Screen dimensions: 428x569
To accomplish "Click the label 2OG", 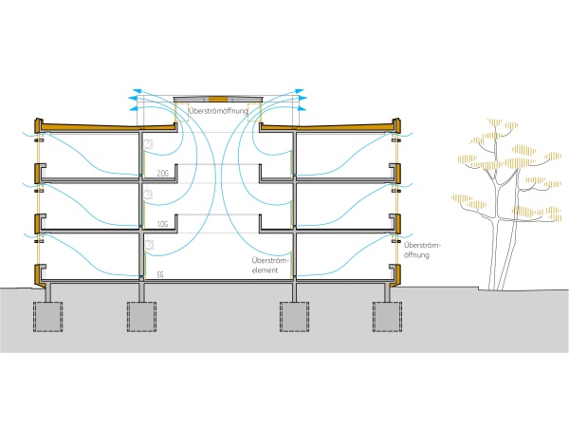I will tap(163, 174).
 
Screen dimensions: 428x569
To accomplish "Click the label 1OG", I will tap(163, 224).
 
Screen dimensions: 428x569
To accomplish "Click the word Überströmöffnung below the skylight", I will tap(219, 112).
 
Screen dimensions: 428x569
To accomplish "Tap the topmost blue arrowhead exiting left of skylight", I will tap(134, 94).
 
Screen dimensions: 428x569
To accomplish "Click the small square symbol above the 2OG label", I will tap(148, 142).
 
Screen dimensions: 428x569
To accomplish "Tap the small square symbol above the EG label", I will tap(148, 245).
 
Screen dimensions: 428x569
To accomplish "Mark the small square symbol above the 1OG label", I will tap(148, 194).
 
